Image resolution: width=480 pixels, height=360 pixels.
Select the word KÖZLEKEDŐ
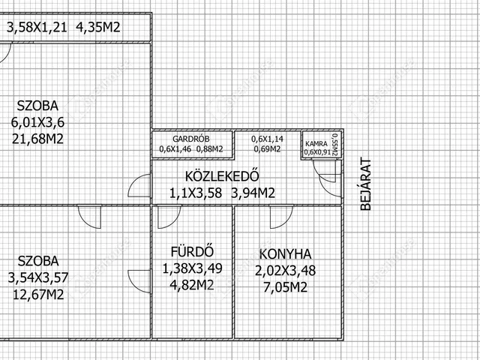[222, 178]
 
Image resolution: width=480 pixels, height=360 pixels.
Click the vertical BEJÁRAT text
[366, 183]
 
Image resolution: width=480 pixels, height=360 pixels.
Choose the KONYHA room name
[285, 253]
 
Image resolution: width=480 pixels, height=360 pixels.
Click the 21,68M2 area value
[37, 139]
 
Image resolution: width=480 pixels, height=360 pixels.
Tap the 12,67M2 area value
[36, 293]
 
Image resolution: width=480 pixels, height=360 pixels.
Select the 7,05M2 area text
[285, 286]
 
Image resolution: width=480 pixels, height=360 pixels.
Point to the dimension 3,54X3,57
[37, 277]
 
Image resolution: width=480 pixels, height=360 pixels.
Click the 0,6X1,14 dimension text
[266, 139]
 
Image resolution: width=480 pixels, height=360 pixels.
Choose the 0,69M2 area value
[266, 149]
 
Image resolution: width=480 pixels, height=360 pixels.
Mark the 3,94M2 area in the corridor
[253, 193]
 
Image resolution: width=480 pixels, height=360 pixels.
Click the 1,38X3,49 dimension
[192, 268]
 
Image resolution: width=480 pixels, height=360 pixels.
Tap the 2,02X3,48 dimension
[285, 270]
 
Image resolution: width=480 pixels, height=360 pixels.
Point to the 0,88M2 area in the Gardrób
[210, 149]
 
